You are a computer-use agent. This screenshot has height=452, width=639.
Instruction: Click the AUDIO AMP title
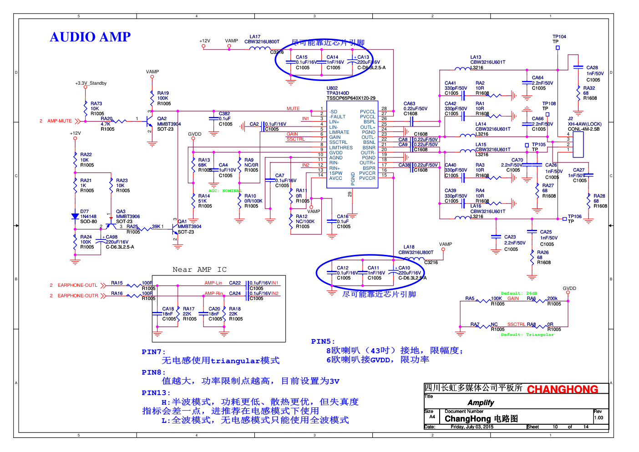coord(90,37)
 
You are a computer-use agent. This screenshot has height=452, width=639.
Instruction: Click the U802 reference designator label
coord(332,88)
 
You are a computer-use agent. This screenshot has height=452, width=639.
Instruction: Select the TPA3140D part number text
coord(338,93)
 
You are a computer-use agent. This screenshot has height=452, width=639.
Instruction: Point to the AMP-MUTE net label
coord(60,121)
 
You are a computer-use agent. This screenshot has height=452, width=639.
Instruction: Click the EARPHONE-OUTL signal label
coord(77,285)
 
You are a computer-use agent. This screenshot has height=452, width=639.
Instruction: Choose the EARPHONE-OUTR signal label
coord(78,296)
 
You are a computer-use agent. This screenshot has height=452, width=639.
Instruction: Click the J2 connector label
coord(570,119)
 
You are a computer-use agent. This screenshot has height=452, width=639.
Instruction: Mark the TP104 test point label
coord(559,37)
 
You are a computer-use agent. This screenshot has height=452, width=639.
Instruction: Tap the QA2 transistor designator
coord(162,119)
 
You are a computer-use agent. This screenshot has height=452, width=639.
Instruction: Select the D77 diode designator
coord(85,212)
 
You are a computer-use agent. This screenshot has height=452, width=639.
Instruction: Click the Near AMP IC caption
coord(199,270)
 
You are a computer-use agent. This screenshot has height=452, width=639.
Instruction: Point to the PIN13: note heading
coord(156,393)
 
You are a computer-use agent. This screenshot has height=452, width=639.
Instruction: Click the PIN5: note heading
coord(323,341)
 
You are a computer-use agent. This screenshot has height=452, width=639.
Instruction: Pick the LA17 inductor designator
coord(255,37)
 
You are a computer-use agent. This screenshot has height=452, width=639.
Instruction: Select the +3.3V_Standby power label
coord(91,83)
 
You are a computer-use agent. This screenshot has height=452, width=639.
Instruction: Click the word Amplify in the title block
coord(481,403)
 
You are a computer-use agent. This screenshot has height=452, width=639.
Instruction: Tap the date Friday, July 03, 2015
coord(472,427)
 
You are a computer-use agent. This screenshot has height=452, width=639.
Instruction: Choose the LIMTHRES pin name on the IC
coord(341,148)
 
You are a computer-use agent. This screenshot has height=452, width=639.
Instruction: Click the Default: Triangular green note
coord(527,335)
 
